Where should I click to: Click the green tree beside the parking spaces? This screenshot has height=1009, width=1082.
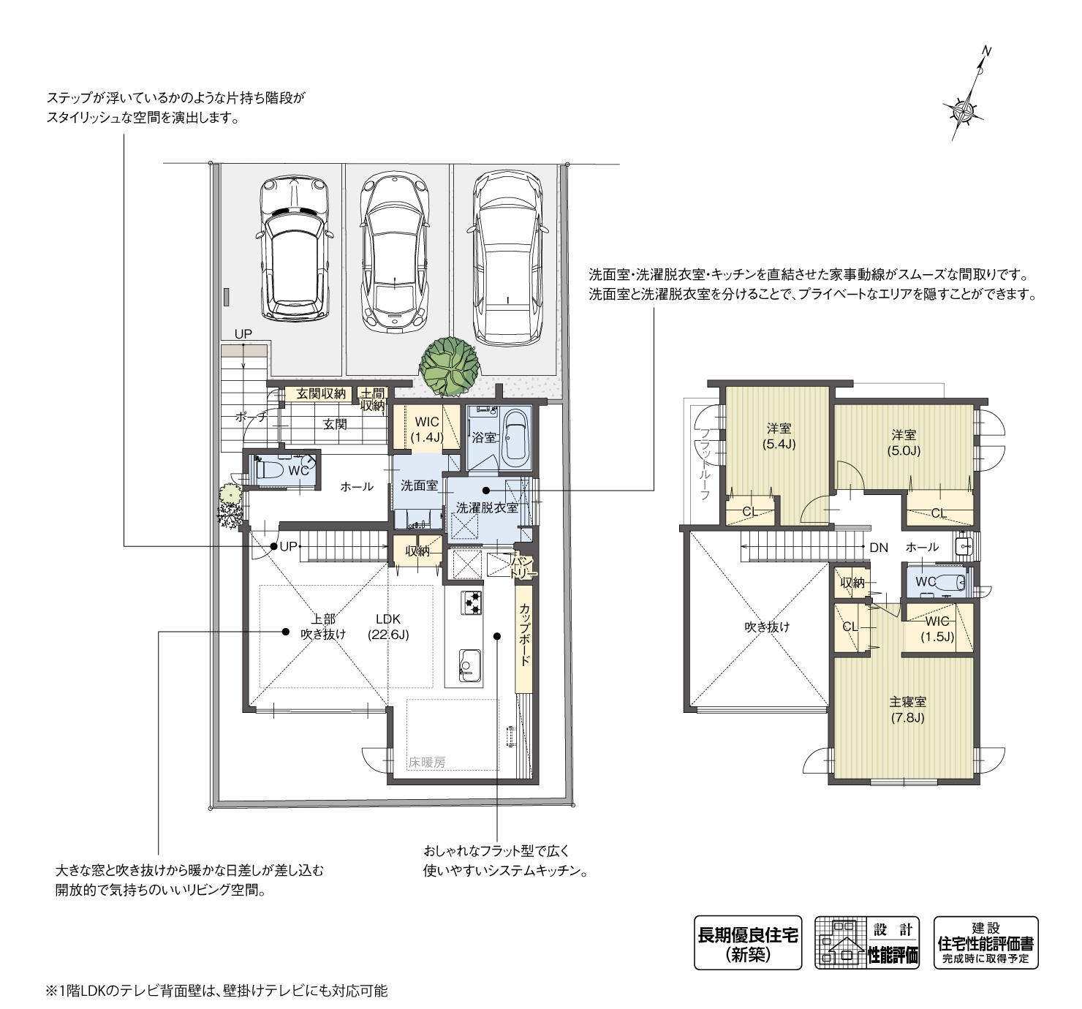(450, 363)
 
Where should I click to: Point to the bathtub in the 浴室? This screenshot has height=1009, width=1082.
(515, 438)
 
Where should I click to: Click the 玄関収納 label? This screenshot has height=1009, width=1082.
(320, 394)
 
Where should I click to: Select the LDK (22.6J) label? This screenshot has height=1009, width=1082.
(388, 627)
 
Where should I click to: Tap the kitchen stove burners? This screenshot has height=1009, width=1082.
(472, 602)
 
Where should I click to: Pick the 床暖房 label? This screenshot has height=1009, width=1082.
(427, 762)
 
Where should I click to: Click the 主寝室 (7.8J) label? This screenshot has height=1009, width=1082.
(907, 709)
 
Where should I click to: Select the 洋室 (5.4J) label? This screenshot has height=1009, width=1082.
(779, 436)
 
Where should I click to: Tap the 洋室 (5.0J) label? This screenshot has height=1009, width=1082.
(904, 443)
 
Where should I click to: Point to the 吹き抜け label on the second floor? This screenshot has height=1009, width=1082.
(767, 627)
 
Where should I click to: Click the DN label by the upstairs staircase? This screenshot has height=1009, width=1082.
(878, 547)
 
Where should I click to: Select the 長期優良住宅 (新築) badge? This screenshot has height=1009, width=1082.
(747, 942)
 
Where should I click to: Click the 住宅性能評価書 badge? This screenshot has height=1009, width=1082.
(985, 942)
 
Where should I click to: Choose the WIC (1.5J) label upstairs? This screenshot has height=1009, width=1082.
(937, 629)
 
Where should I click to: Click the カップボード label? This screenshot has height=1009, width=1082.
(524, 634)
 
